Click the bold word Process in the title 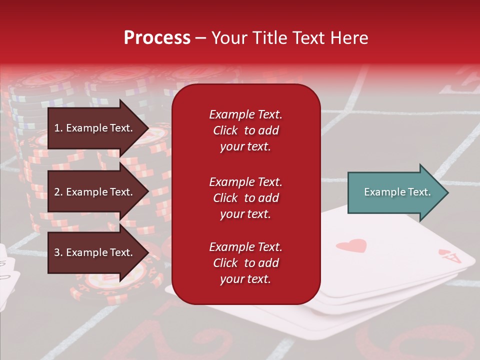tap(157, 38)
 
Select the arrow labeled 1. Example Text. tap(95, 128)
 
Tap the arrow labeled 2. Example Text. tap(95, 192)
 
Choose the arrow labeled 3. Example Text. tap(95, 252)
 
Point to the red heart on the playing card tap(351, 245)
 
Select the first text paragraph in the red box tap(245, 130)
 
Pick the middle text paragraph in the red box tap(245, 198)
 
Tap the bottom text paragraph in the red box tap(245, 263)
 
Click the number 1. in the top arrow tap(58, 128)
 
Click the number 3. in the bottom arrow tap(58, 252)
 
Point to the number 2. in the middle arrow tap(58, 192)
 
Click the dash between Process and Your tap(200, 38)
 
